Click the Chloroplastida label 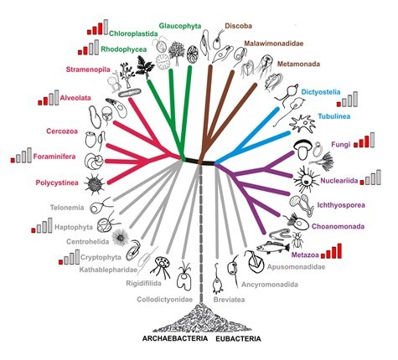(x=133, y=33)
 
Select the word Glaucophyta (x=180, y=26)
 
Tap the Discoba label (x=238, y=26)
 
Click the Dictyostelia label (x=321, y=92)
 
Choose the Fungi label (x=340, y=145)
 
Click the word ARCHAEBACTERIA (x=175, y=338)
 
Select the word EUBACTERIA (x=238, y=339)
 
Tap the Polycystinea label (x=57, y=183)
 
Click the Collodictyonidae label (x=165, y=300)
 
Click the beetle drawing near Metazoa (x=297, y=239)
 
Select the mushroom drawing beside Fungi (x=302, y=150)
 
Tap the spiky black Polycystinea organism (x=94, y=183)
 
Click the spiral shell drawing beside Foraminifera (x=93, y=162)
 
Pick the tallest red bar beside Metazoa (x=339, y=250)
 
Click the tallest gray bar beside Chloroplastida (x=106, y=27)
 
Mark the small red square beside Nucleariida (x=362, y=183)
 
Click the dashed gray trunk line (x=200, y=234)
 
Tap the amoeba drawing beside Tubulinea (x=302, y=123)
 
